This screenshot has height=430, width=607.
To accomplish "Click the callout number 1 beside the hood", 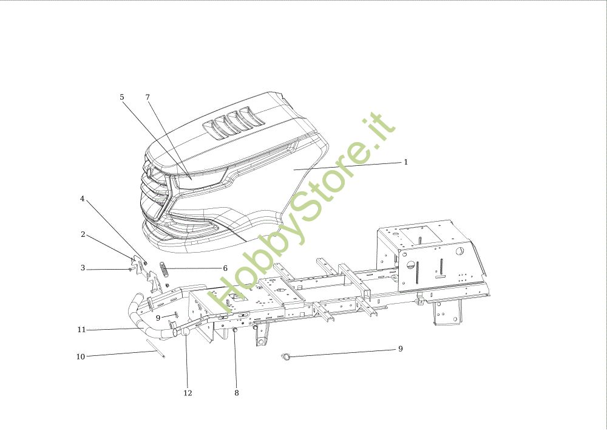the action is pyautogui.click(x=406, y=162).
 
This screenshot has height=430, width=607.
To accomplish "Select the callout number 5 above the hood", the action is pyautogui.click(x=121, y=97).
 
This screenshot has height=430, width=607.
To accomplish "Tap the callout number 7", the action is pyautogui.click(x=148, y=97).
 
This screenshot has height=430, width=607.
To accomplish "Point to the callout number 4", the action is pyautogui.click(x=83, y=199).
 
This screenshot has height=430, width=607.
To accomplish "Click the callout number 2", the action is pyautogui.click(x=83, y=234).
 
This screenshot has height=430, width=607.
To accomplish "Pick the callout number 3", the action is pyautogui.click(x=83, y=268).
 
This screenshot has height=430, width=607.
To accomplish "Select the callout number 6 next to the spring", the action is pyautogui.click(x=225, y=268).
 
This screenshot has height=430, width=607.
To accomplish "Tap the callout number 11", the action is pyautogui.click(x=81, y=330).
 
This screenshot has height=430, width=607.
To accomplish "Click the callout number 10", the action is pyautogui.click(x=81, y=357).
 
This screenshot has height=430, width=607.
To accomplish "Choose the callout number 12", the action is pyautogui.click(x=188, y=393).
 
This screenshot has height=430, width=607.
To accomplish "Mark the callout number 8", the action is pyautogui.click(x=236, y=393).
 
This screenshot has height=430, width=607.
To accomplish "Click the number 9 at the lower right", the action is pyautogui.click(x=400, y=349).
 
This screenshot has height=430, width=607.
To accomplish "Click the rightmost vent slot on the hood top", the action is pyautogui.click(x=246, y=116).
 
